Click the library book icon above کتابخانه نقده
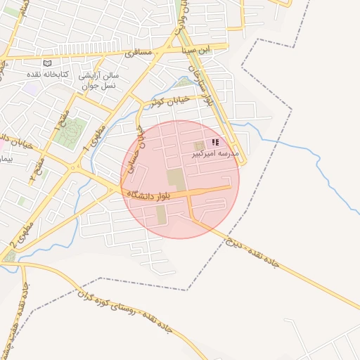coord(48,63)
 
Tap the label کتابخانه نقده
coord(48,74)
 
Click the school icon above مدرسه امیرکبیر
coord(214,142)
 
